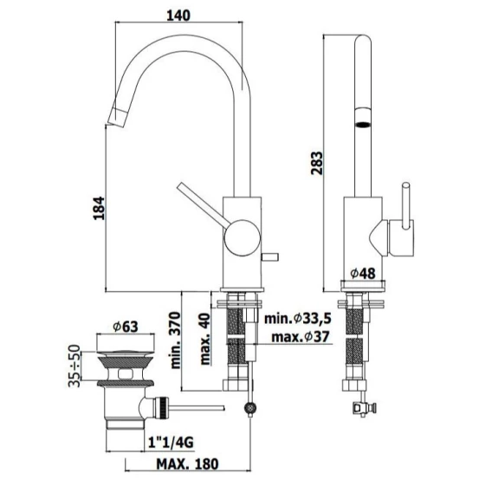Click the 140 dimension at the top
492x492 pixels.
(178, 16)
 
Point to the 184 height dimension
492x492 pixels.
(99, 208)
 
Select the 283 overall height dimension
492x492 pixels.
(317, 163)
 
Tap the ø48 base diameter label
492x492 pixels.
(363, 274)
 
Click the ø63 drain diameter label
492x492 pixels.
(126, 327)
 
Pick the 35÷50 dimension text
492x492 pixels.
(74, 366)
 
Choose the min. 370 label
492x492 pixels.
(175, 340)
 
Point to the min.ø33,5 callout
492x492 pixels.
(298, 319)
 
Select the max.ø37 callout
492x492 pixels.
(301, 337)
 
